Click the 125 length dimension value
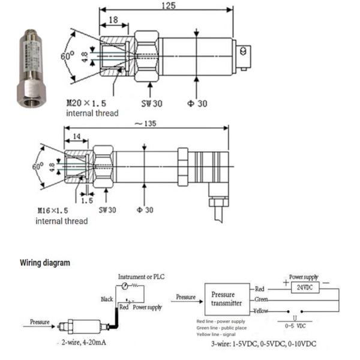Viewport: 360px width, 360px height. [170, 5]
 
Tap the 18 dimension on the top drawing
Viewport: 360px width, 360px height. [113, 20]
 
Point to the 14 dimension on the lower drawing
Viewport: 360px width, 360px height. [76, 137]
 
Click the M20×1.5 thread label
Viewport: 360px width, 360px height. [86, 103]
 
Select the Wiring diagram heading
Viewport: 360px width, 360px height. [45, 263]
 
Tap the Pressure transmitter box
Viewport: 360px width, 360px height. [227, 299]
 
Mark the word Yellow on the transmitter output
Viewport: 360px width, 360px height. [260, 311]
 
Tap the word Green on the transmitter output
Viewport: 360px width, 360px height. [259, 299]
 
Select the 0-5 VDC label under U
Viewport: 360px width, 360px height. [294, 327]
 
